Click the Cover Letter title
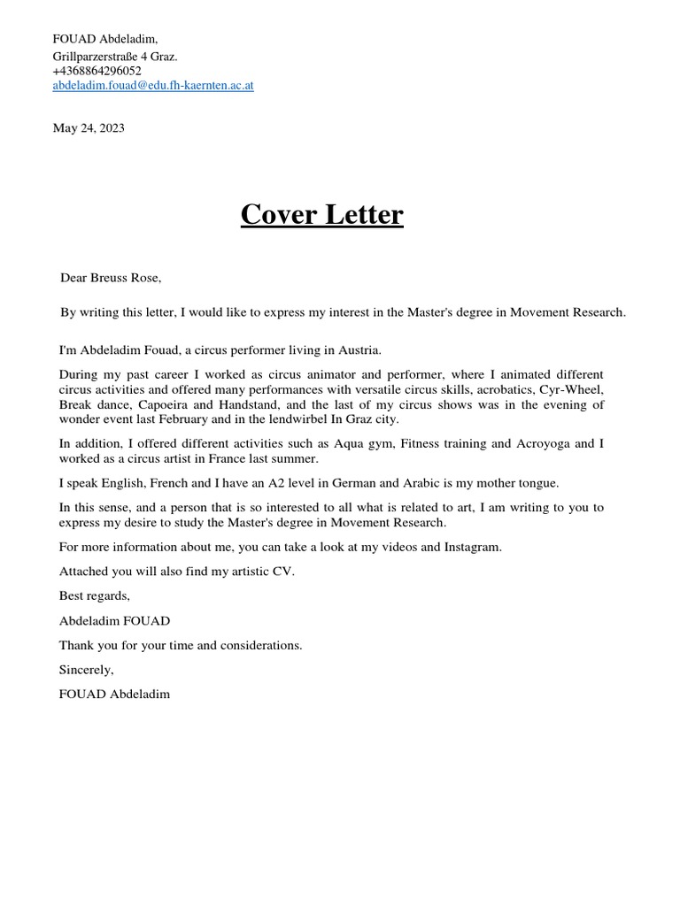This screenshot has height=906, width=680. click(321, 215)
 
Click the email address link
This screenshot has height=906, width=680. click(153, 86)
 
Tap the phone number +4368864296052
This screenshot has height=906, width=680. click(97, 71)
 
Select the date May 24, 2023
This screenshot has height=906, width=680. click(89, 128)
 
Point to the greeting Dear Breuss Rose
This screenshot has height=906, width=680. click(111, 278)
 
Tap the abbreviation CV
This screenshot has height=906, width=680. click(284, 571)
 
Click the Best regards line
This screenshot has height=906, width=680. click(95, 595)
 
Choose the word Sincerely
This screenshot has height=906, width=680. click(87, 670)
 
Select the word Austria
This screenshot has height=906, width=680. click(359, 351)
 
